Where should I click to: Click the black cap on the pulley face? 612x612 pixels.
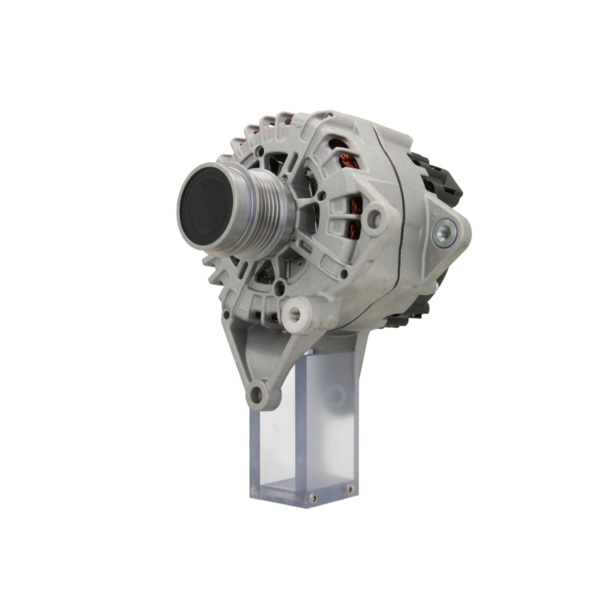[206, 207]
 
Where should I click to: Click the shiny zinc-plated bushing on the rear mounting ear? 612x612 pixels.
[444, 233]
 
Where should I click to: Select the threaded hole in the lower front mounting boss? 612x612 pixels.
[296, 315]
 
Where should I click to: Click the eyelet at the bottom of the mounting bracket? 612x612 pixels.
[257, 394]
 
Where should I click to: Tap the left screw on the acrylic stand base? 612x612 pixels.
[313, 498]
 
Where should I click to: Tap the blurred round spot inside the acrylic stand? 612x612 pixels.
[336, 398]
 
